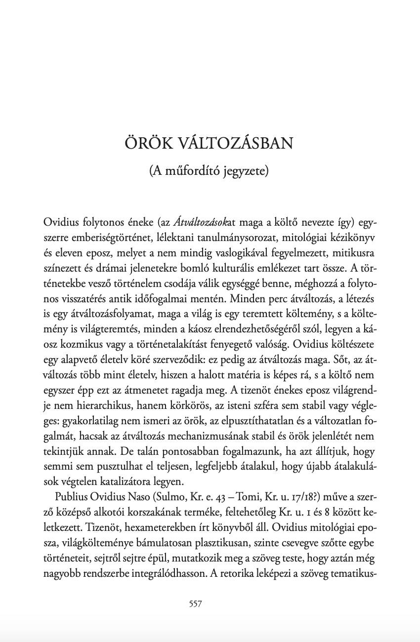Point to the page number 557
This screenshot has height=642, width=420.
click(196, 603)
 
